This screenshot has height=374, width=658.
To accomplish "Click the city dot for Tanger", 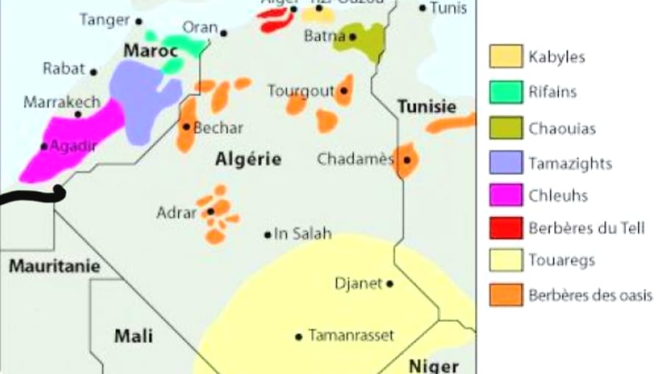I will click(x=139, y=22).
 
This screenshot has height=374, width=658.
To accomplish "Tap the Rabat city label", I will click(x=65, y=68).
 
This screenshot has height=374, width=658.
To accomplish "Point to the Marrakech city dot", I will click(x=77, y=114).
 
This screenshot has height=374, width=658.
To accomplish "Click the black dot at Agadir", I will click(x=44, y=147).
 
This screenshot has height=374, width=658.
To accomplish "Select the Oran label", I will click(x=199, y=28).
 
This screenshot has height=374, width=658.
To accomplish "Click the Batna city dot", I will click(x=353, y=36).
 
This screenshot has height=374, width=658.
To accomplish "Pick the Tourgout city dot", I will click(x=344, y=91).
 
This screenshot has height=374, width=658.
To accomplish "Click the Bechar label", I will click(x=219, y=127).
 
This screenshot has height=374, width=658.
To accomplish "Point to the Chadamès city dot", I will click(x=406, y=159).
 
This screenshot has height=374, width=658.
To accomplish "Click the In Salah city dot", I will click(x=268, y=235).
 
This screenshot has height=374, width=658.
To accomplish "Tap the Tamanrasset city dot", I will click(x=299, y=337).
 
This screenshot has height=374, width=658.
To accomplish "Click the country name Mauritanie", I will click(x=54, y=267).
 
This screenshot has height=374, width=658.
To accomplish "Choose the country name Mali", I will click(x=134, y=336).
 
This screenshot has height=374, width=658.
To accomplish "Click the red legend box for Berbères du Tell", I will click(x=506, y=227).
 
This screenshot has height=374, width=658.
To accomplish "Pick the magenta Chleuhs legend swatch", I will click(x=506, y=196).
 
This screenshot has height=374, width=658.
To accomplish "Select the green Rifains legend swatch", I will click(x=506, y=92).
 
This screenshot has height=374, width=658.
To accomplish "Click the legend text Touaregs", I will click(x=562, y=260).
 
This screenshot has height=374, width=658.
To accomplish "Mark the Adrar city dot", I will click(x=211, y=211).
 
